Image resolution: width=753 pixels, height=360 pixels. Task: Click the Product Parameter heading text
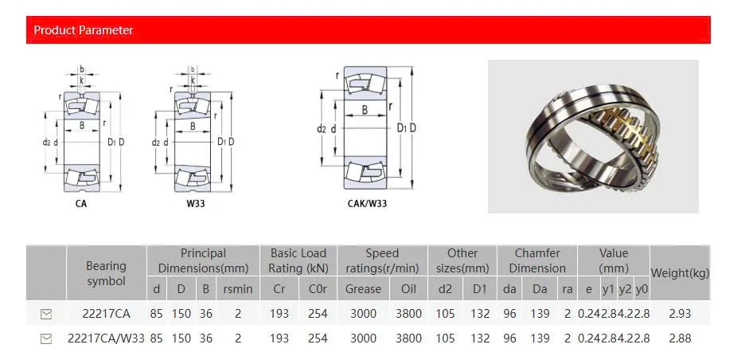[x=83, y=29]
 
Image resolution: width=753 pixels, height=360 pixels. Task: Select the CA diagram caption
[x=81, y=203]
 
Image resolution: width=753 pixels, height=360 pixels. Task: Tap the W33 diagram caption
[x=196, y=203]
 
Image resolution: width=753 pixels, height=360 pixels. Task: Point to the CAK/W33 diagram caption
[x=367, y=203]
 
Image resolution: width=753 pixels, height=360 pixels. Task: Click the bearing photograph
[x=593, y=136]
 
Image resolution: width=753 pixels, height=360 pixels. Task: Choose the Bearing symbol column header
[x=106, y=273]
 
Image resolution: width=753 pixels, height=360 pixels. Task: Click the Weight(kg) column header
[x=680, y=273]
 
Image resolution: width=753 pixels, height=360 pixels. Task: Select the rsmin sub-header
[x=238, y=289]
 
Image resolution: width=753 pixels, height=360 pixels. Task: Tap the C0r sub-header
[x=318, y=289]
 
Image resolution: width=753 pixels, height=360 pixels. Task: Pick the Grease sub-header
[x=363, y=289]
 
